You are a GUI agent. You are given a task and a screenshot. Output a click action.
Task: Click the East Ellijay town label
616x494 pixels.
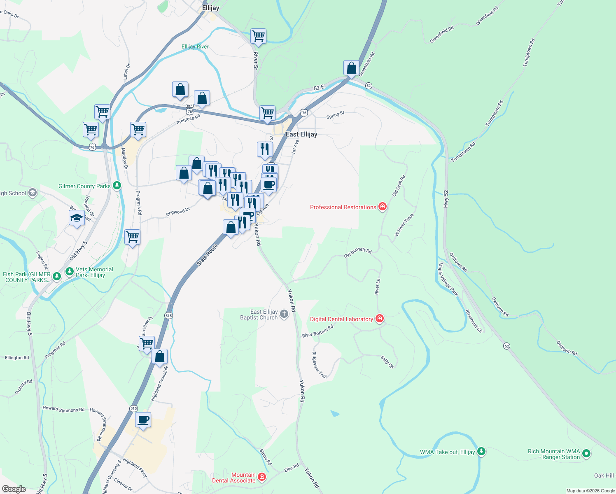pos(301,134)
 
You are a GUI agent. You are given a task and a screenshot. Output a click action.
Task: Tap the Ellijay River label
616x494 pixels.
pos(195,47)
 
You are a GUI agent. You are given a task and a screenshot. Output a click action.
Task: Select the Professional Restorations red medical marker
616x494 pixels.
pos(382,207)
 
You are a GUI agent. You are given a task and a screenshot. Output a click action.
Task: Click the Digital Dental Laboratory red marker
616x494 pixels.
pos(380,319)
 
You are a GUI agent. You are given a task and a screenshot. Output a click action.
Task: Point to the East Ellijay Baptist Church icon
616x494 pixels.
pos(284,315)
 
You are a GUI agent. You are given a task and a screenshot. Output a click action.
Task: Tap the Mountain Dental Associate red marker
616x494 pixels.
pos(261,478)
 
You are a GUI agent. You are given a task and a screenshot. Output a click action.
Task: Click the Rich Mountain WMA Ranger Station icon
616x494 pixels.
pos(586,454)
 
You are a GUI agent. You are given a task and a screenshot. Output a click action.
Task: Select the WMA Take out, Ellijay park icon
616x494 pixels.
pos(481,452)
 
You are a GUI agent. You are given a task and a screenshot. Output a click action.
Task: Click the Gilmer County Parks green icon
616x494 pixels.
pos(117,186)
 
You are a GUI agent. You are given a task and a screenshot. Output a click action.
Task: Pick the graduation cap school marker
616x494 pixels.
pos(77,218)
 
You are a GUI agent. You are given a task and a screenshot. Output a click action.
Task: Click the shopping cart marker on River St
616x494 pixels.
pos(258,36)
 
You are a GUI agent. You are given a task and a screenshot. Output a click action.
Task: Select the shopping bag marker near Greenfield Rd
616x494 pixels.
pos(351,68)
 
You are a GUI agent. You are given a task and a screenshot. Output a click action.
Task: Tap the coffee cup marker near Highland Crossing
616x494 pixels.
pos(143,420)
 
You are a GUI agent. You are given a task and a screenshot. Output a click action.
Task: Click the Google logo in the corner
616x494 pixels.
pos(14,489)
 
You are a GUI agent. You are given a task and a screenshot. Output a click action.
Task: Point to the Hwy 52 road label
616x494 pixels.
pos(446,198)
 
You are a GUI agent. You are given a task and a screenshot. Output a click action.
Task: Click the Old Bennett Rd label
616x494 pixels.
pos(358,252)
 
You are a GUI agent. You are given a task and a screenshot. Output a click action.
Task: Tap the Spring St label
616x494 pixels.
pos(335,115)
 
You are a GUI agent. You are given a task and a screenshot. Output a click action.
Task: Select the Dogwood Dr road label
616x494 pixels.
pos(178,212)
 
